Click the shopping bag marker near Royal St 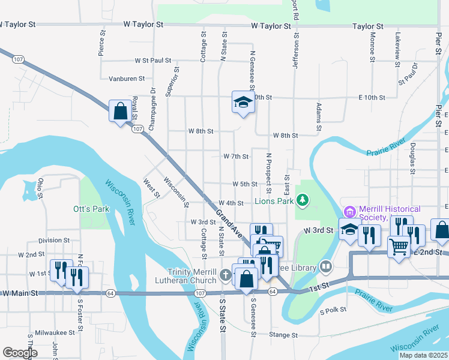pos(120,110)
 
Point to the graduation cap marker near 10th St pos(244,102)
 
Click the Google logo pos(20,353)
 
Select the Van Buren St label pos(127,79)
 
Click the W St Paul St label pos(153,61)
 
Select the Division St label pos(50,241)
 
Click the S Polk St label pos(334,311)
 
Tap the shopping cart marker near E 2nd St pos(399,245)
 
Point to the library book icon pos(326,265)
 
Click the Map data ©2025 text pos(423,355)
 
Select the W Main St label pos(20,293)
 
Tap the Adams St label pos(318,117)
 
